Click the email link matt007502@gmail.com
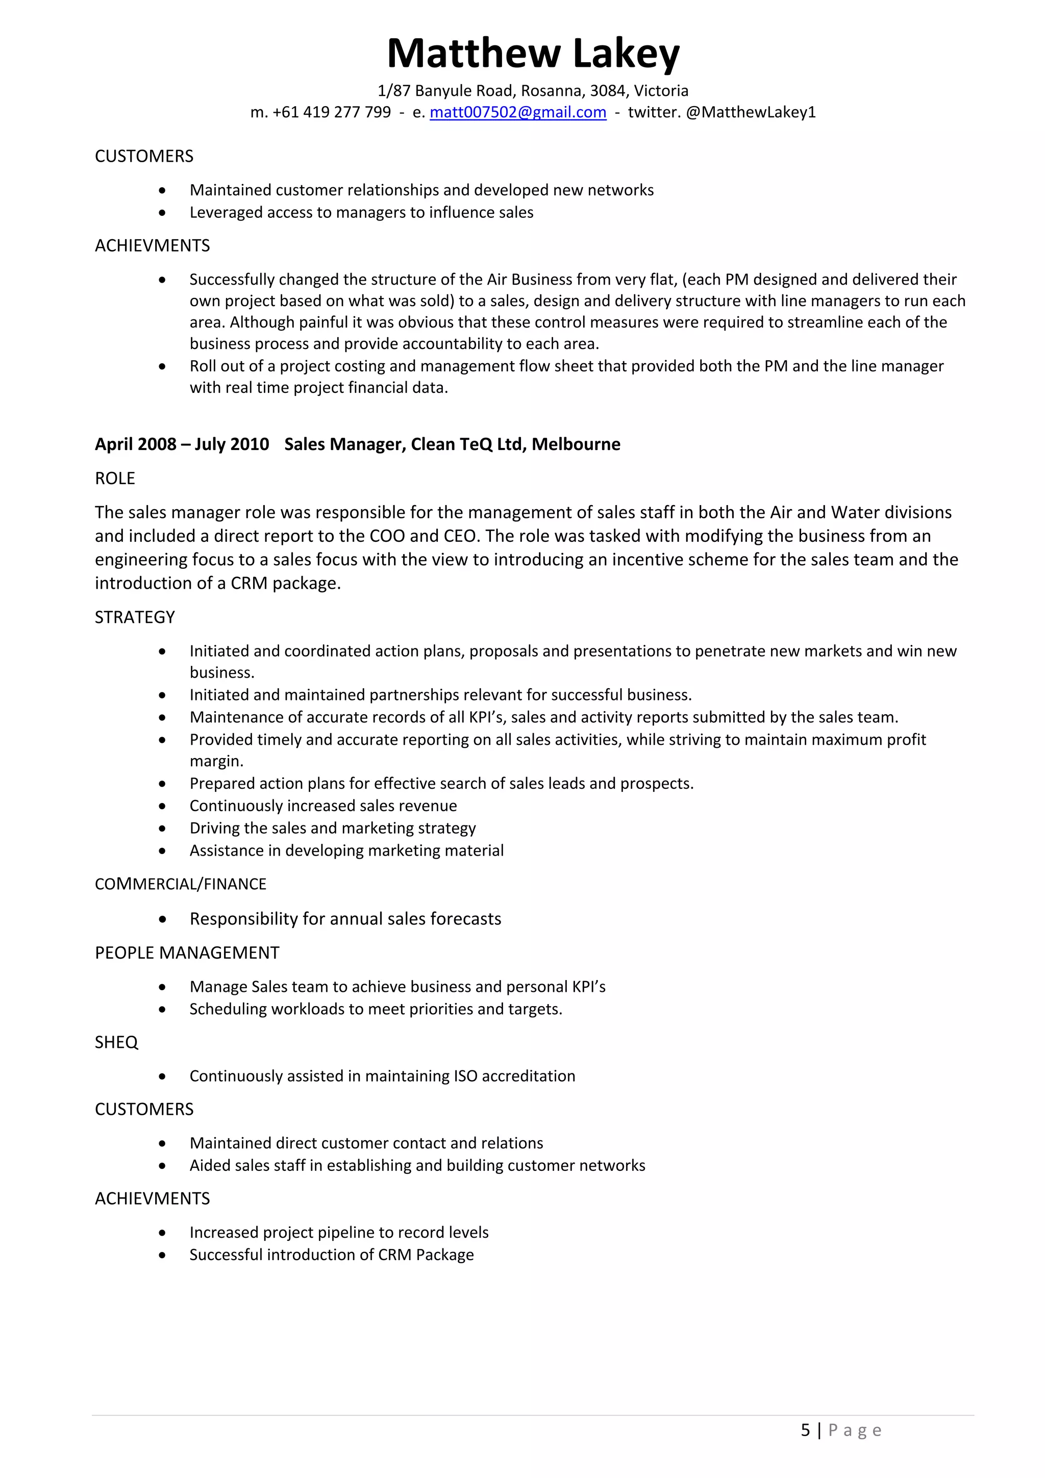(x=518, y=112)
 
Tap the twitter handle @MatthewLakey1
(x=751, y=112)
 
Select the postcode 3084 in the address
(x=607, y=90)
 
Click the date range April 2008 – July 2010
(x=182, y=444)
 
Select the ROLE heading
(x=115, y=478)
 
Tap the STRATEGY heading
(x=135, y=617)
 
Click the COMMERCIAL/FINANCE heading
(x=180, y=884)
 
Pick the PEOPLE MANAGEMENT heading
(x=187, y=953)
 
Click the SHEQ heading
(x=116, y=1042)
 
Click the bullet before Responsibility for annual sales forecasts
(x=162, y=920)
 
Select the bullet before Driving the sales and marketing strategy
(x=162, y=829)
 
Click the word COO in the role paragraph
(x=387, y=536)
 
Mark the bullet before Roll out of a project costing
(x=162, y=367)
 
